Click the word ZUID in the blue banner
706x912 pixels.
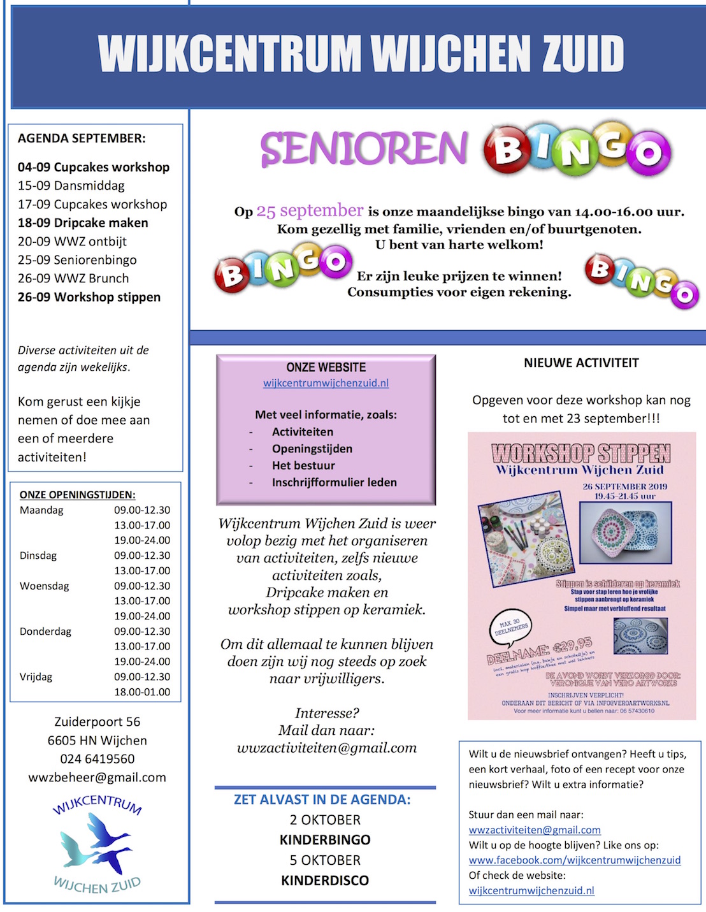[x=582, y=54]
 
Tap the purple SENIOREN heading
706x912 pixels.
[x=364, y=148]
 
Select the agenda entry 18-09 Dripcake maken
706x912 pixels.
[x=83, y=223]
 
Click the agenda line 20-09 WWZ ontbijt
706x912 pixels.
[x=72, y=242]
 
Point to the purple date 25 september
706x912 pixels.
[x=310, y=211]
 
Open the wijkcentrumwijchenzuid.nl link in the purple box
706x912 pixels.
[x=326, y=383]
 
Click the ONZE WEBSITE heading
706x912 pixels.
[x=326, y=367]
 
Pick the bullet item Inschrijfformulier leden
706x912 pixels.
[x=334, y=482]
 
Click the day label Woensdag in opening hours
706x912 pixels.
[x=45, y=586]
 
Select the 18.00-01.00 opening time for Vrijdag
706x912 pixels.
[x=142, y=691]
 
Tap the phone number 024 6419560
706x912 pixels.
[x=97, y=758]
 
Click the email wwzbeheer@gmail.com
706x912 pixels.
[x=97, y=777]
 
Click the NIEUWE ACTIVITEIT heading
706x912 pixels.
[x=581, y=363]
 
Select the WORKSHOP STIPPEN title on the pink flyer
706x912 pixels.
[x=581, y=453]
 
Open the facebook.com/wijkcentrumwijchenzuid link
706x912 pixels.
[x=575, y=860]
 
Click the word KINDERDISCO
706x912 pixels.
[x=325, y=880]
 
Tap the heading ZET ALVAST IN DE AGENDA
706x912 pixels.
[x=322, y=799]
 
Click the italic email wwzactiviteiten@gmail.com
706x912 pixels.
[x=326, y=748]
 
